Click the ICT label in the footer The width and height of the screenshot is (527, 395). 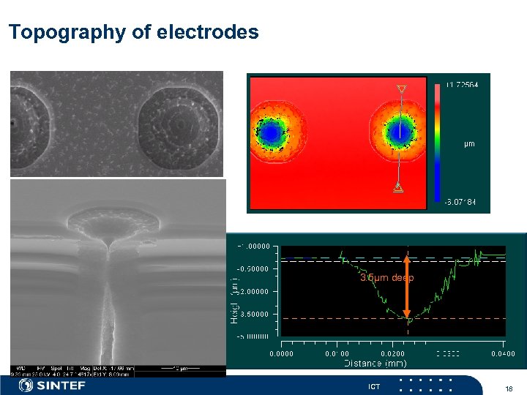[374, 386]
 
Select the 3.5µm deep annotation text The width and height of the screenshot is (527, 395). [386, 278]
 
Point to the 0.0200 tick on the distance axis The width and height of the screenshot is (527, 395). [392, 353]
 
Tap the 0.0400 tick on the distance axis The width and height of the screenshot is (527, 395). [502, 353]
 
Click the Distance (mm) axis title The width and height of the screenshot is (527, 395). [375, 363]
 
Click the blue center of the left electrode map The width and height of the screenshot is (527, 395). [272, 132]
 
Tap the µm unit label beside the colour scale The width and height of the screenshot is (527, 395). [469, 144]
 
